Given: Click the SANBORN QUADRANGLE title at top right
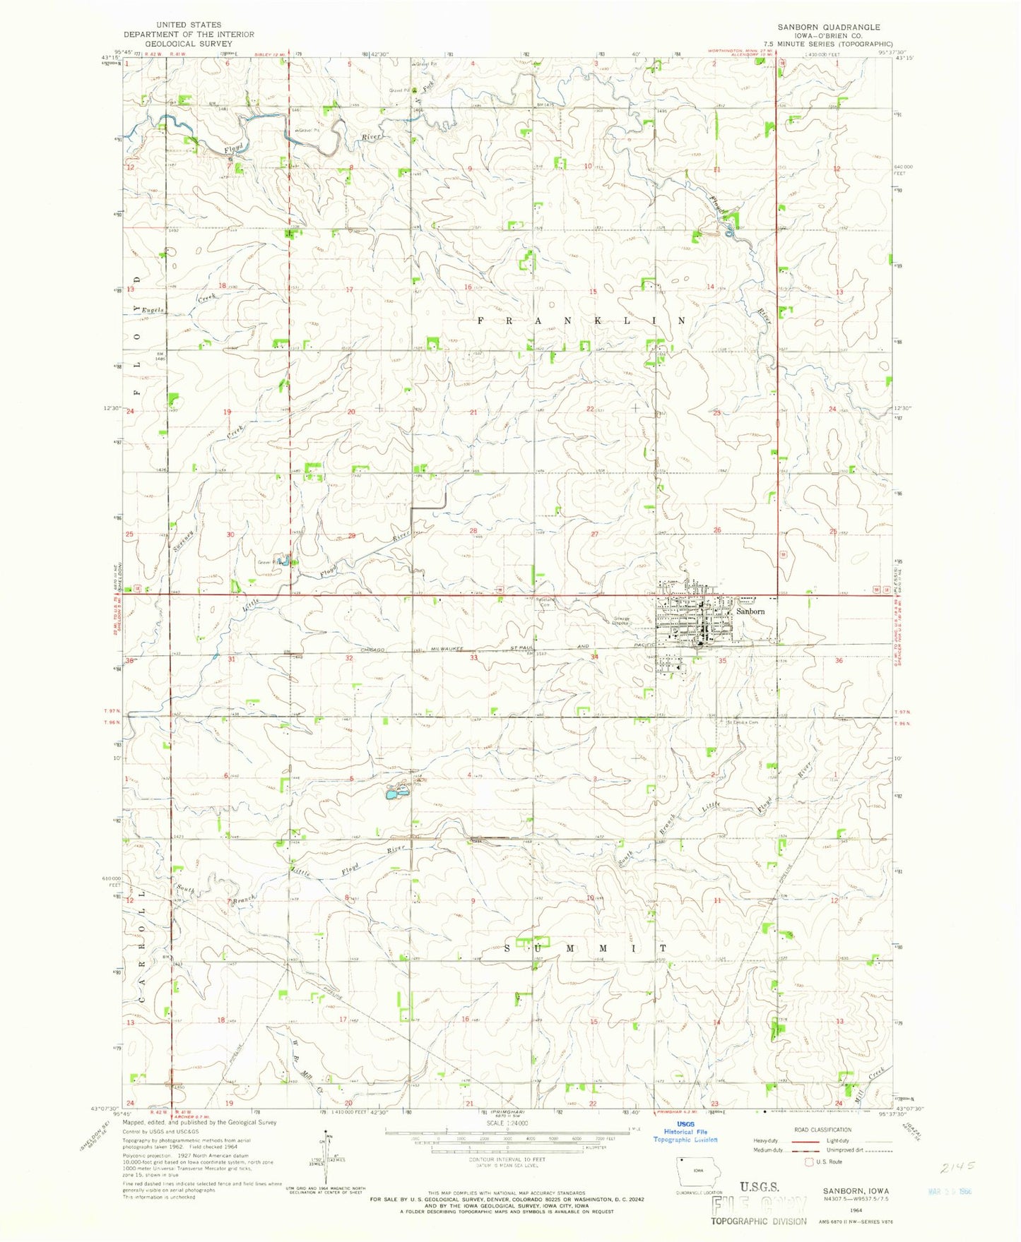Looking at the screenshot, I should (x=829, y=27).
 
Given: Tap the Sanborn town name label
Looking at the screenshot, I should (x=750, y=611).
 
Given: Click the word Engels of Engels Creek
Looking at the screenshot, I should (x=153, y=310).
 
